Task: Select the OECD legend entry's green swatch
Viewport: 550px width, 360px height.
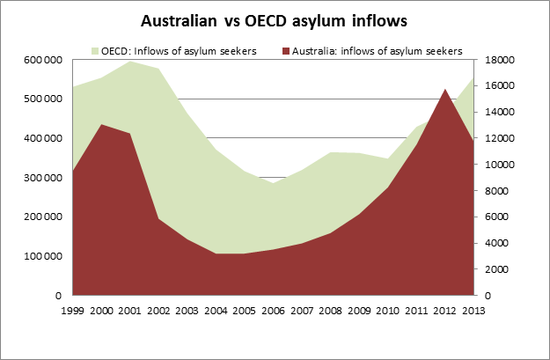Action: pos(95,50)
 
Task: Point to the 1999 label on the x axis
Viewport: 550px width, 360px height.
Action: pos(74,309)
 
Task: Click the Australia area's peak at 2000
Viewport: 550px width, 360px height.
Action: pos(102,124)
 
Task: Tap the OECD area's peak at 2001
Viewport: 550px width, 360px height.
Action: pos(130,61)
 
